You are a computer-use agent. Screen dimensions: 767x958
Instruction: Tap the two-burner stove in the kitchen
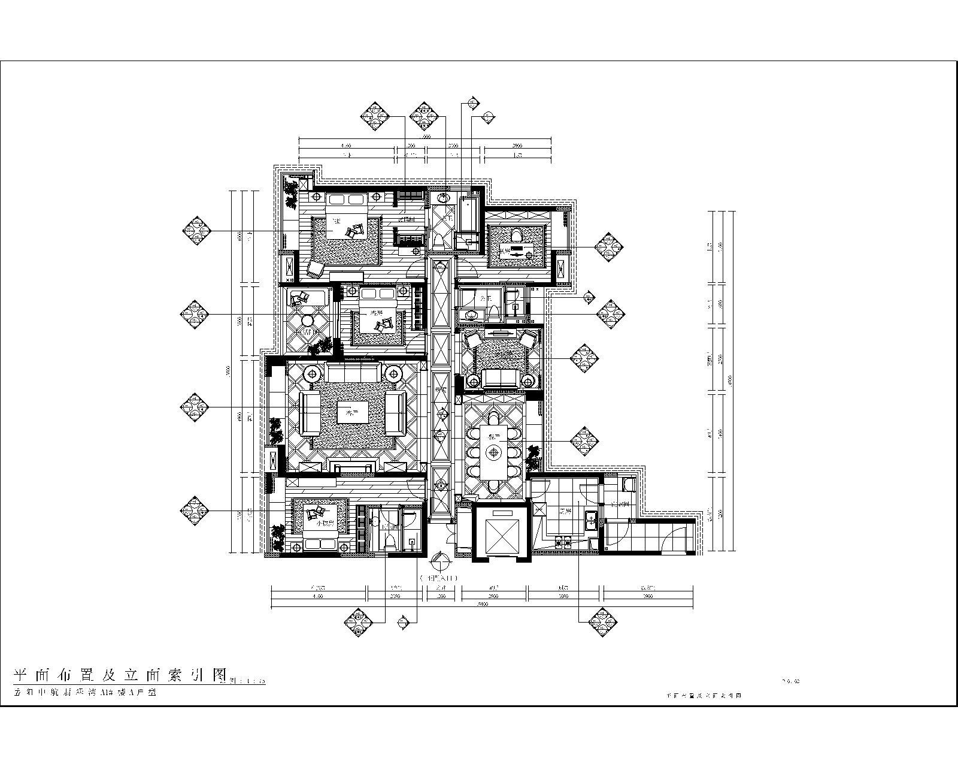click(563, 543)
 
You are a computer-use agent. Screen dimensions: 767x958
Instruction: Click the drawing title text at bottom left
click(120, 675)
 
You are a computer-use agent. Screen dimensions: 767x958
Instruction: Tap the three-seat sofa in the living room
click(353, 372)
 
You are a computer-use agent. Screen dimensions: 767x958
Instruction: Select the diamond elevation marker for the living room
click(195, 407)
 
